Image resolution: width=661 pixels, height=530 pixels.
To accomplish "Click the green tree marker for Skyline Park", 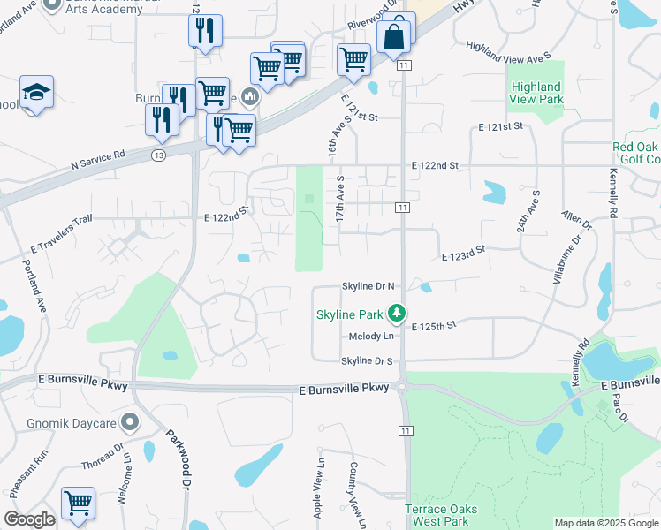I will tap(398, 314).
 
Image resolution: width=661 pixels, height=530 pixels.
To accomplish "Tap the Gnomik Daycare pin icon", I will tap(131, 422).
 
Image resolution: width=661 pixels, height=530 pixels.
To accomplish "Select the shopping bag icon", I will tap(394, 37).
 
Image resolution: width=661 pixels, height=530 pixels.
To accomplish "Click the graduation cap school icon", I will tap(37, 92).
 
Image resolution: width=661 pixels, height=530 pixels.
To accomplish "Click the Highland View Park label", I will tap(536, 93).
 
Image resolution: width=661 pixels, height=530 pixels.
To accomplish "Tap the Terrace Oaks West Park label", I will tap(442, 515).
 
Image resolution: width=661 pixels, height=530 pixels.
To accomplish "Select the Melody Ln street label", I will tap(370, 336).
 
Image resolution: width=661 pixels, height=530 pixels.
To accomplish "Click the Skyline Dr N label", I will tap(368, 287).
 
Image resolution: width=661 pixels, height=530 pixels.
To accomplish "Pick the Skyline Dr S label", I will tap(368, 361).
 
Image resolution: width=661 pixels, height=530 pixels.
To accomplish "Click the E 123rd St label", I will tap(464, 254).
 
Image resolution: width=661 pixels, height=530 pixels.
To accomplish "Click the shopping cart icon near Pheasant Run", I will tap(78, 503).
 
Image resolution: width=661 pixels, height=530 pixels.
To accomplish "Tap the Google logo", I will tap(29, 519).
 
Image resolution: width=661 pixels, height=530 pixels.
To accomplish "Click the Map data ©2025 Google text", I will tap(605, 523).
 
